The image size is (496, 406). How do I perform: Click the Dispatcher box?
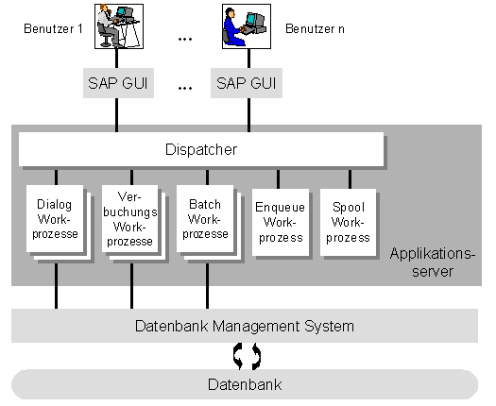[x=201, y=149]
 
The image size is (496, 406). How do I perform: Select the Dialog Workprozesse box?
[x=55, y=219]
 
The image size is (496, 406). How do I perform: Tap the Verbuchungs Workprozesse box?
[x=129, y=219]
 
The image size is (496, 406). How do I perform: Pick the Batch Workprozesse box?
[x=205, y=219]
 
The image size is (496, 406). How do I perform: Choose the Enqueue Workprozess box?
[x=281, y=222]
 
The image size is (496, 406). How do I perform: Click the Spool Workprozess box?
[x=348, y=222]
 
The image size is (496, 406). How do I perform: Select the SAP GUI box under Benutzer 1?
[x=118, y=83]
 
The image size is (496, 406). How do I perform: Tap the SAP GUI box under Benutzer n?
[x=247, y=83]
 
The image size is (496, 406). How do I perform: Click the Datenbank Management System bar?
[x=245, y=326]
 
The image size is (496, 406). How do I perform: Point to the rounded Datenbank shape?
[x=245, y=384]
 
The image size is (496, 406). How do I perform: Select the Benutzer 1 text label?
[x=53, y=28]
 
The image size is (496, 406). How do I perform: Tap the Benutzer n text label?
[x=315, y=28]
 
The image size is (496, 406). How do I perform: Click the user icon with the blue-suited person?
[x=247, y=26]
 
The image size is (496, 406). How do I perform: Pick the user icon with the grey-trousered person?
[x=119, y=26]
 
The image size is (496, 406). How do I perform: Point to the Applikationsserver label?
[x=433, y=262]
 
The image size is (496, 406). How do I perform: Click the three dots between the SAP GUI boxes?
[x=185, y=88]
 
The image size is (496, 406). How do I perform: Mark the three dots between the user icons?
[x=185, y=40]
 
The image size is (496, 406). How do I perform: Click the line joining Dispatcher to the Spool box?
[x=350, y=179]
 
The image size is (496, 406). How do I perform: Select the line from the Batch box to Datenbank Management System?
[x=207, y=286]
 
